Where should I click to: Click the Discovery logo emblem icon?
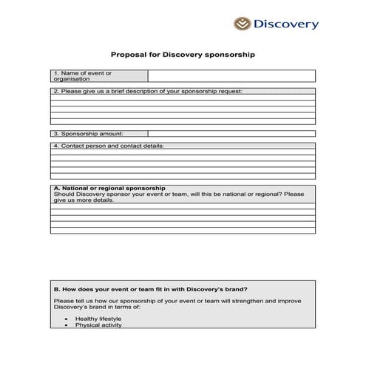point(243,24)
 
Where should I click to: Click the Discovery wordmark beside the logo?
point(286,24)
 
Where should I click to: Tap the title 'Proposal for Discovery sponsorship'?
point(183,54)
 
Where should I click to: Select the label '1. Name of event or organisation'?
point(83,75)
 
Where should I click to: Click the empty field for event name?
point(231,75)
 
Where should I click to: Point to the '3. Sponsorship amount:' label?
point(88,134)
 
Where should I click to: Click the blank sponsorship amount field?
point(231,134)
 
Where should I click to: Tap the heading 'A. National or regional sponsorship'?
point(109,188)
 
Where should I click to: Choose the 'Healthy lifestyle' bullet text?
point(98,319)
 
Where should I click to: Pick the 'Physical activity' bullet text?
point(98,325)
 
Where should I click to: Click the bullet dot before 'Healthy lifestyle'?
point(67,319)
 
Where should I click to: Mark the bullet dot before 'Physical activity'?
point(67,325)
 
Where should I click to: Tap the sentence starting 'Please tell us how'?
point(177,301)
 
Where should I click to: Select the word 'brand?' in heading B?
point(237,288)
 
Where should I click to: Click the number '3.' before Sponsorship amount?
point(56,134)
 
